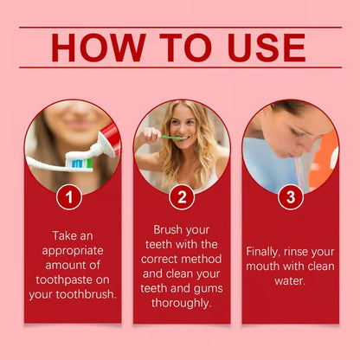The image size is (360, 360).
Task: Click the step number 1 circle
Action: click(69, 197)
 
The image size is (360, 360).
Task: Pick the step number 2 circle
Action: click(181, 197)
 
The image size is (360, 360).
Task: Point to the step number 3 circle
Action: click(290, 197)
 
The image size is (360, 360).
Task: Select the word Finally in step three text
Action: click(263, 251)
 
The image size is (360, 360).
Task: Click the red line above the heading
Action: click(180, 27)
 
